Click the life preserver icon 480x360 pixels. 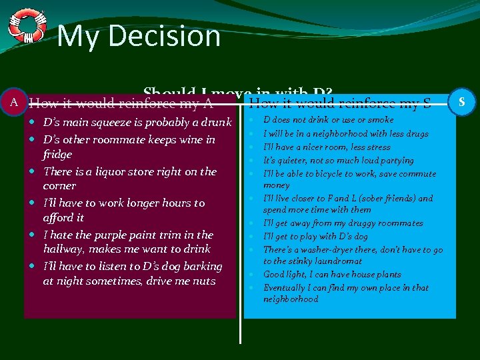point(27,26)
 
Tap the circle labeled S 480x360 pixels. point(462,102)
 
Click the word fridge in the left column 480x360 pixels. point(57,154)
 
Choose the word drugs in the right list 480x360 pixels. point(417,134)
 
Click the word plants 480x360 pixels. point(387,275)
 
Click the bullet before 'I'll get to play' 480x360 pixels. point(253,237)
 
